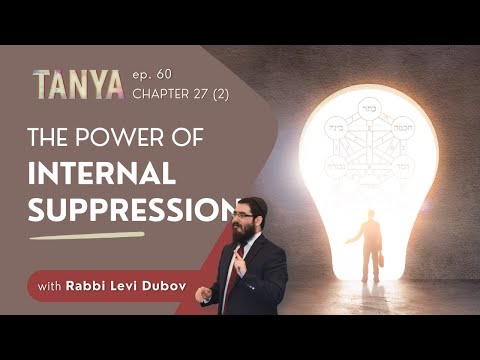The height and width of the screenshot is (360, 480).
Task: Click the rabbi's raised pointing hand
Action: pyautogui.click(x=236, y=263)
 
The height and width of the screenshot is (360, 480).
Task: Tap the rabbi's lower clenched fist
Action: pyautogui.click(x=205, y=293)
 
